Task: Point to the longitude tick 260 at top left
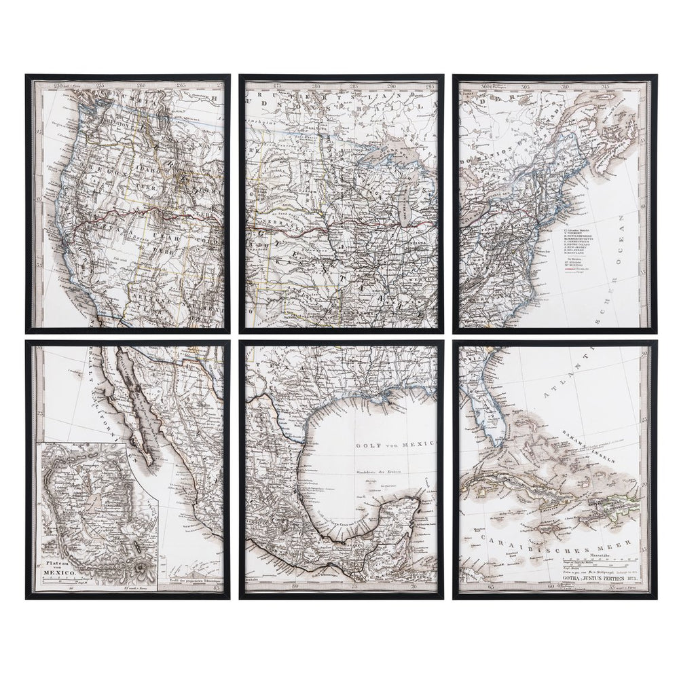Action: pos(141,86)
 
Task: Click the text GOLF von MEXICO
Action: pos(385,444)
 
